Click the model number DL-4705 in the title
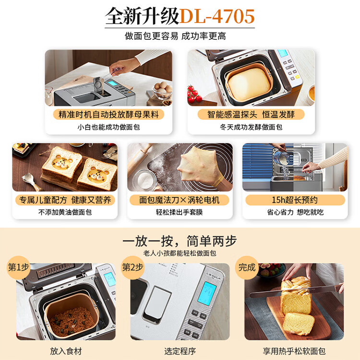[217, 16]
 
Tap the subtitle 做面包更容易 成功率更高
[175, 36]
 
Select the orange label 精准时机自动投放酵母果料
[108, 114]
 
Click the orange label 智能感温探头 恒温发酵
[251, 114]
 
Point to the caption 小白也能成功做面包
[108, 127]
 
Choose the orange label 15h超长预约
[295, 200]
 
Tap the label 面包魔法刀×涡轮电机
[180, 200]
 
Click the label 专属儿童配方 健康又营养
[65, 200]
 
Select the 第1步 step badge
[19, 267]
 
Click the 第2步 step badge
[132, 267]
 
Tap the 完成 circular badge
[247, 267]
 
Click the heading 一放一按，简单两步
[180, 241]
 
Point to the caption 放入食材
[66, 351]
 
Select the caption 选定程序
[180, 351]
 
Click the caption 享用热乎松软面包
[294, 351]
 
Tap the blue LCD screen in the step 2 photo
[207, 293]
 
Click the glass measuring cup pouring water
[282, 157]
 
